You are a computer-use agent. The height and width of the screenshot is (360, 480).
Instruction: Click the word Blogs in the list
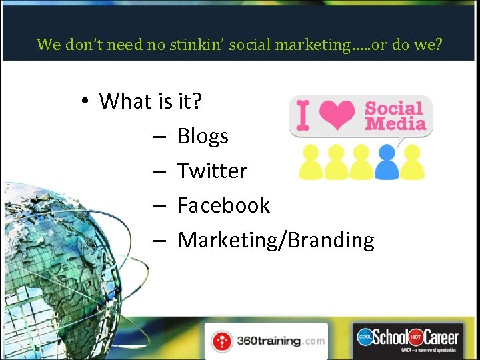click(203, 137)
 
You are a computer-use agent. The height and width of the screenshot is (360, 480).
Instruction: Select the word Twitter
click(212, 171)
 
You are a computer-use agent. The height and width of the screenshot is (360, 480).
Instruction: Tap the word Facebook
click(223, 205)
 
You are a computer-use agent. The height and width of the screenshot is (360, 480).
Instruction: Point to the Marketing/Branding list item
click(276, 240)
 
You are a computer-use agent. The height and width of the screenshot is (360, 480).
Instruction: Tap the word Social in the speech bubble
click(394, 109)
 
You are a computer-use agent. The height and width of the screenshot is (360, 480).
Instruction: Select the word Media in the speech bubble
click(395, 123)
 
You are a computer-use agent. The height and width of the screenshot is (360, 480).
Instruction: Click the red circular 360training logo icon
click(222, 341)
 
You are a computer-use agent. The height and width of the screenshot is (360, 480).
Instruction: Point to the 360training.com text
click(280, 341)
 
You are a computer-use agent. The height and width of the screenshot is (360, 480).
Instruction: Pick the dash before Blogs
click(158, 137)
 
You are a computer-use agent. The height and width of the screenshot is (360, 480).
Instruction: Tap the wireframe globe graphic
click(67, 253)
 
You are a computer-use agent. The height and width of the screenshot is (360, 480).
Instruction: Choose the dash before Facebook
click(158, 206)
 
